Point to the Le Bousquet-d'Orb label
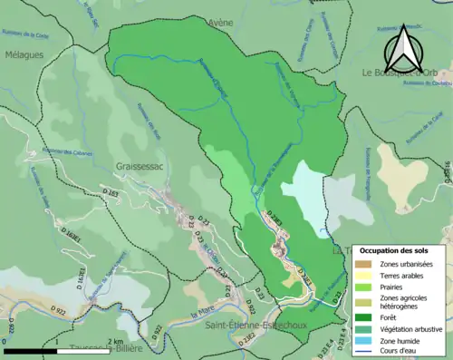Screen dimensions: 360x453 point(406,73)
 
